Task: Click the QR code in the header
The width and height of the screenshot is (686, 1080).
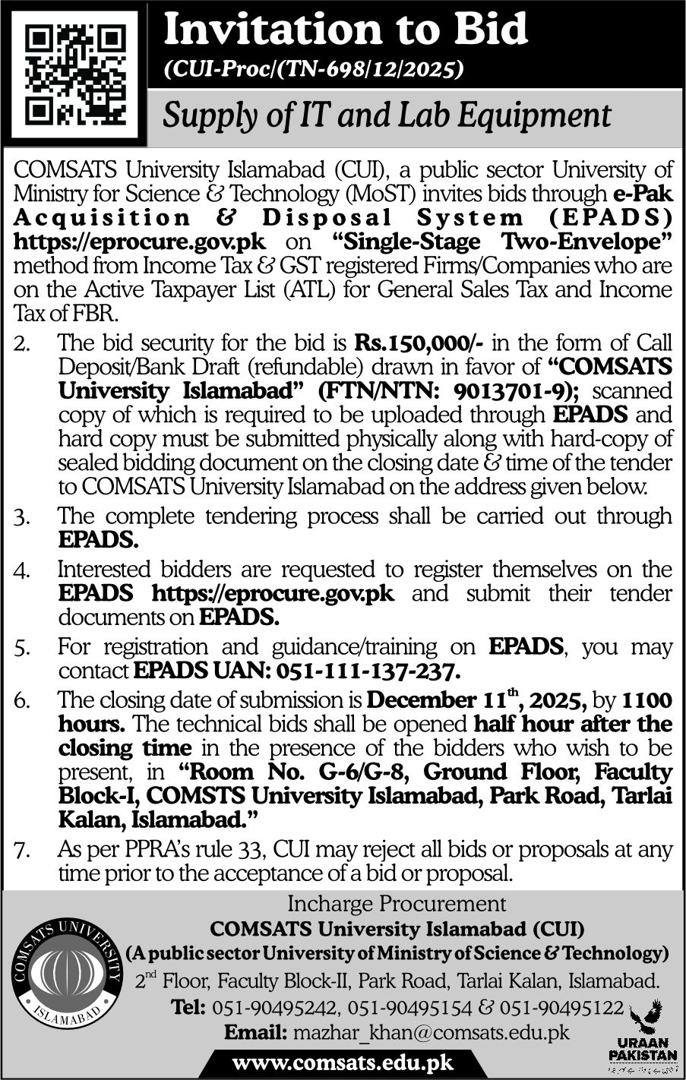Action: click(x=74, y=73)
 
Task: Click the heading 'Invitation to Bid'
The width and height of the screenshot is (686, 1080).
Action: click(x=346, y=30)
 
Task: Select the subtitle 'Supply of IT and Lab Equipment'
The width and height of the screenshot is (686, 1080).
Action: click(x=387, y=115)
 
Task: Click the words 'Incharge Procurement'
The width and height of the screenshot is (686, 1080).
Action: click(x=396, y=904)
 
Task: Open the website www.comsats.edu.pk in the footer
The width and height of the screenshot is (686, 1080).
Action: click(x=341, y=1062)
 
